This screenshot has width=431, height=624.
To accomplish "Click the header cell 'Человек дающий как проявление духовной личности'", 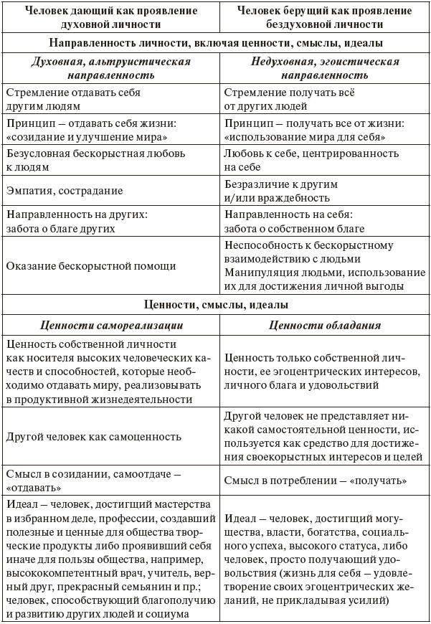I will pos(110,18).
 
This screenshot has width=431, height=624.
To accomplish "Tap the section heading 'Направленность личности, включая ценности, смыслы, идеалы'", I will pos(215,43).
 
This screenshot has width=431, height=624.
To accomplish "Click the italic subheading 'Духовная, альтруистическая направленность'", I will pos(110,68).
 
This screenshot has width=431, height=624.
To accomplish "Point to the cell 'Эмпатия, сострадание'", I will pos(65,191).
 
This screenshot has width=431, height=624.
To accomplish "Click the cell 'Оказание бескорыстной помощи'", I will pos(91,265).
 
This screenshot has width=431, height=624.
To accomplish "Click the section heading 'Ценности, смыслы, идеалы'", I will pos(215,304).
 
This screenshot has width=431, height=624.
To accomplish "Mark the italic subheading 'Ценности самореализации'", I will pos(110,325).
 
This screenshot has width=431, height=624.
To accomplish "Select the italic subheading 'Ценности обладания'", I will pos(325,325).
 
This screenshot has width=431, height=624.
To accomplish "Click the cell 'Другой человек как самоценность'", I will pos(94,436).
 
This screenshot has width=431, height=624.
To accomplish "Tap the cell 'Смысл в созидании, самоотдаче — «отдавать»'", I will pos(93,480).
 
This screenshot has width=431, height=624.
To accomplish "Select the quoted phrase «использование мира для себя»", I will pos(305,136).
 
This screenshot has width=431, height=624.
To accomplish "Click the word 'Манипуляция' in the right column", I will pos(259,273).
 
